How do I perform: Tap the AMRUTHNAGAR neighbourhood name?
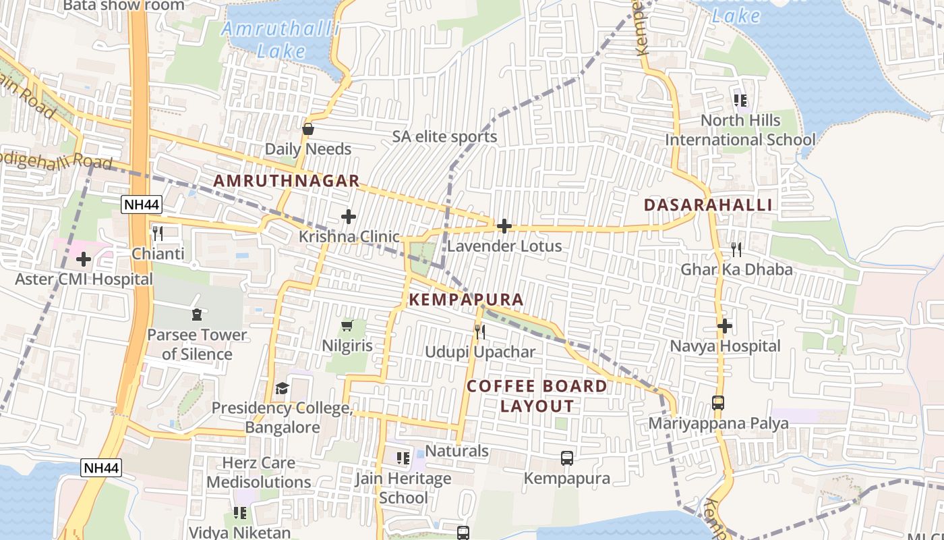click(287, 181)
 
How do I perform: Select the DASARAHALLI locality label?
click(708, 205)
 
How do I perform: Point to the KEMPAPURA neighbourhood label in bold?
click(466, 299)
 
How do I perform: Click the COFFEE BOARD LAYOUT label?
click(537, 396)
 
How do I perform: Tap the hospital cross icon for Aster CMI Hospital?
click(84, 259)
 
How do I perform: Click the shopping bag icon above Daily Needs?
click(308, 129)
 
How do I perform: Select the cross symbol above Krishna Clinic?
click(349, 217)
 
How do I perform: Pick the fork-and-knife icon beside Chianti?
click(158, 234)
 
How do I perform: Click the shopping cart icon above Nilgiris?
click(347, 326)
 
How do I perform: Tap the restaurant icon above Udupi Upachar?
click(479, 331)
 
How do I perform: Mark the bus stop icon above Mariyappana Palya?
click(718, 403)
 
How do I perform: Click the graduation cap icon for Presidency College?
click(282, 388)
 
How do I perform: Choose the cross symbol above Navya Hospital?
click(725, 326)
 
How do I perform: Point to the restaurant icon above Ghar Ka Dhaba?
click(736, 250)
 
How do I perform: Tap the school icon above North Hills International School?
click(740, 101)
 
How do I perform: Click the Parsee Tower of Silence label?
click(197, 344)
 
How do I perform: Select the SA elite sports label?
click(444, 137)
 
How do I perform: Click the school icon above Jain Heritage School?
click(403, 458)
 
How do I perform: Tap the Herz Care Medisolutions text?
click(259, 473)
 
